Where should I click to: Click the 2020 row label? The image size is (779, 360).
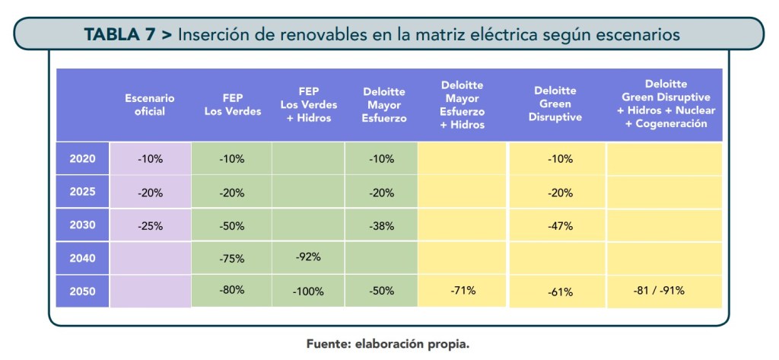(x=82, y=159)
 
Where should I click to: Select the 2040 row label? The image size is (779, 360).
(x=82, y=259)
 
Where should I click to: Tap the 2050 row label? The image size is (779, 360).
(x=82, y=292)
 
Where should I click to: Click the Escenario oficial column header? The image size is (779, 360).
(x=150, y=105)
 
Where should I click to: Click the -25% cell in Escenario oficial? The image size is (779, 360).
(x=150, y=225)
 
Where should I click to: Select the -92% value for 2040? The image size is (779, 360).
(x=308, y=256)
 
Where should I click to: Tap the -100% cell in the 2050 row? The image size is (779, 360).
(x=308, y=292)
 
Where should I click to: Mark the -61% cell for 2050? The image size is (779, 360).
(x=560, y=292)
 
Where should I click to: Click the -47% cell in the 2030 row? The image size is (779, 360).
(x=560, y=226)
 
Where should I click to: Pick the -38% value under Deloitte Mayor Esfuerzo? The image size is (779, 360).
(x=381, y=226)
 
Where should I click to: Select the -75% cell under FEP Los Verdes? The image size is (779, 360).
(x=231, y=259)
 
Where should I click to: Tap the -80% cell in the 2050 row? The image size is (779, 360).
(x=231, y=290)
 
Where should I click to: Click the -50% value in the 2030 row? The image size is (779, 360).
(x=231, y=226)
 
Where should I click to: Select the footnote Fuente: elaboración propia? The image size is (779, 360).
(x=388, y=344)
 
